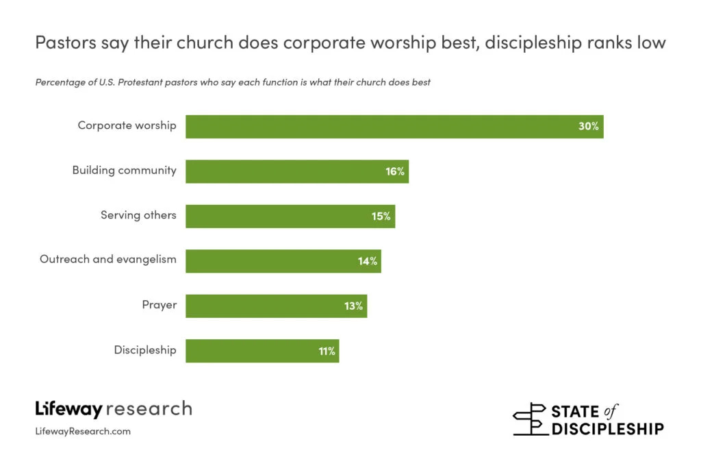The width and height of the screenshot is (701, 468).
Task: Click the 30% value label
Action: tap(588, 127)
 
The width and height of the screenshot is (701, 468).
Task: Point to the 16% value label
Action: tap(395, 171)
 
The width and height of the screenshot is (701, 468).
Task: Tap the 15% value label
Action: tap(381, 216)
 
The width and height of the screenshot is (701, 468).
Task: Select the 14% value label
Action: tap(367, 261)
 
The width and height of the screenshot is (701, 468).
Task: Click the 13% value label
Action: tap(353, 306)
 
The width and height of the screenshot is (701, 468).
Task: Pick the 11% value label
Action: tap(327, 351)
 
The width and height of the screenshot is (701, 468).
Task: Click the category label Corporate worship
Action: tap(127, 126)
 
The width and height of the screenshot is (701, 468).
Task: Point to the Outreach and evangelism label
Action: tap(108, 259)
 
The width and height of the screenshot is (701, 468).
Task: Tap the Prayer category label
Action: tap(159, 304)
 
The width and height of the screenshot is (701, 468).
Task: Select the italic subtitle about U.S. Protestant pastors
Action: tap(233, 83)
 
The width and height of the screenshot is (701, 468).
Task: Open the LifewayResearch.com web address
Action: tap(83, 432)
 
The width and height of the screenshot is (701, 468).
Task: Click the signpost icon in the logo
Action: tap(530, 419)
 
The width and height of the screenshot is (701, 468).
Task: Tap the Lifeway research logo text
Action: tap(114, 409)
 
